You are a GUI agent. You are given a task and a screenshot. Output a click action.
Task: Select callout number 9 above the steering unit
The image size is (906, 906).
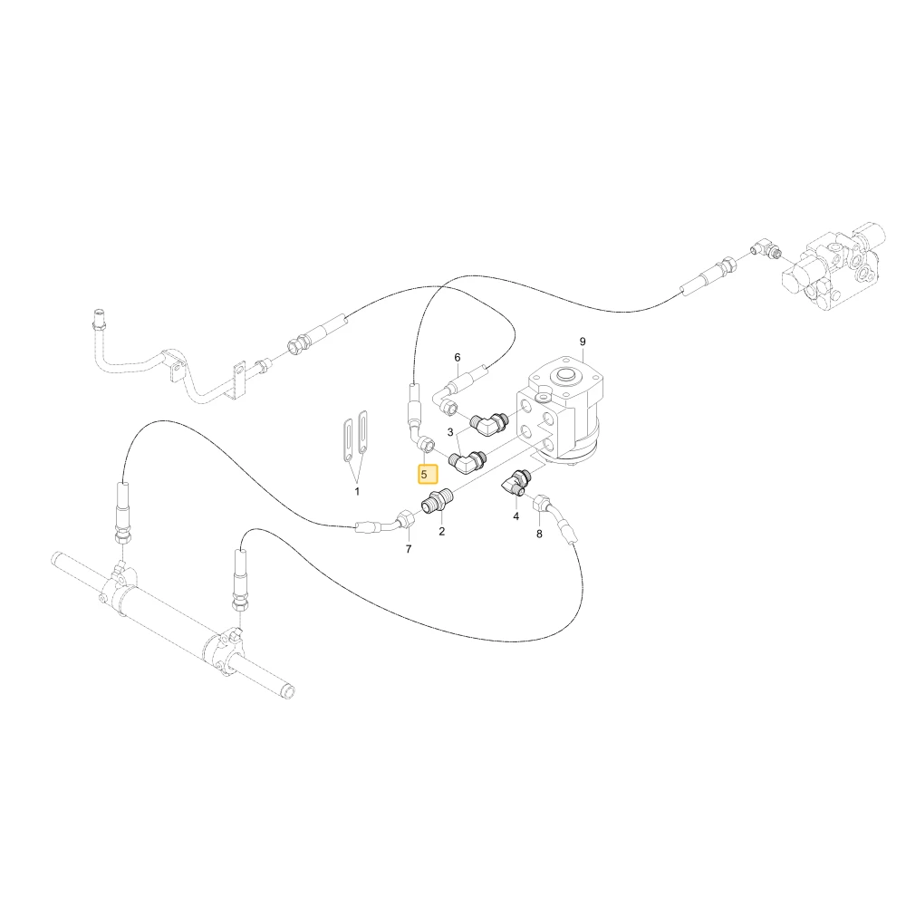click(583, 342)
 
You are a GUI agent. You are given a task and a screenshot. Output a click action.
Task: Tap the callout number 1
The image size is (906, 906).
click(357, 492)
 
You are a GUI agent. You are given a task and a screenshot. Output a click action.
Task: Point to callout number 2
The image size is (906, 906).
click(442, 532)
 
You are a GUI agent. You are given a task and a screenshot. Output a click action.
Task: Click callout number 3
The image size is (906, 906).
click(450, 432)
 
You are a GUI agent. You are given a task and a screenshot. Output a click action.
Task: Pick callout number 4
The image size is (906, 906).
click(516, 516)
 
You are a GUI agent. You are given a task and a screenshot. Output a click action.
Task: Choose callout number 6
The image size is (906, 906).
click(458, 358)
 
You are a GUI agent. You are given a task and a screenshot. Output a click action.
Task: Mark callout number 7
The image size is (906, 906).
click(409, 549)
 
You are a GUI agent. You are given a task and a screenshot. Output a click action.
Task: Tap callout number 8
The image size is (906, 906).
click(539, 534)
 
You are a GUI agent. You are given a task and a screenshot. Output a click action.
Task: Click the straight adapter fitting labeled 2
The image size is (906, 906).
click(439, 500)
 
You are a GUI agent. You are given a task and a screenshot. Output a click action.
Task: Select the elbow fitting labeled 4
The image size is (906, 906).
click(515, 483)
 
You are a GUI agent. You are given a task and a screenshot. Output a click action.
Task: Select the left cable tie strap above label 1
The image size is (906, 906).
click(349, 439)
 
